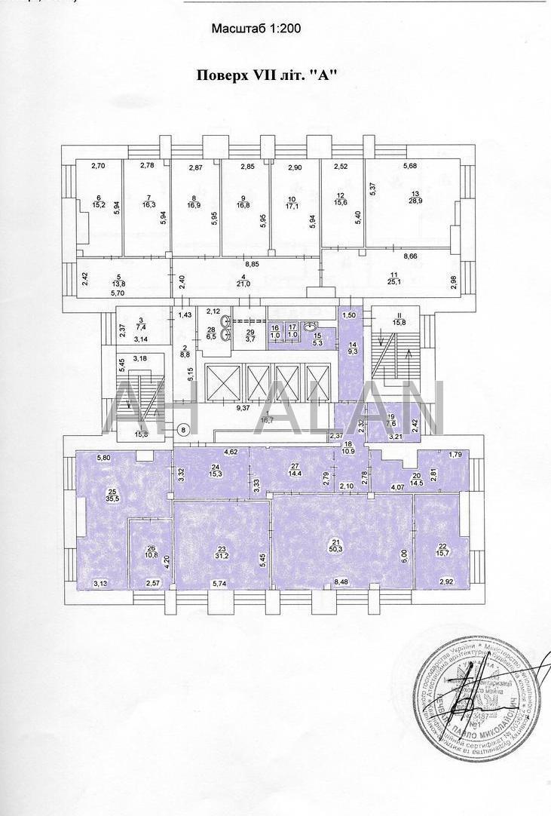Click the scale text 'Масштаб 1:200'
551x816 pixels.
[x=256, y=29]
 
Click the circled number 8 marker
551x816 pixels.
[x=182, y=430]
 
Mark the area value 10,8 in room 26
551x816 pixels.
[x=151, y=555]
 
